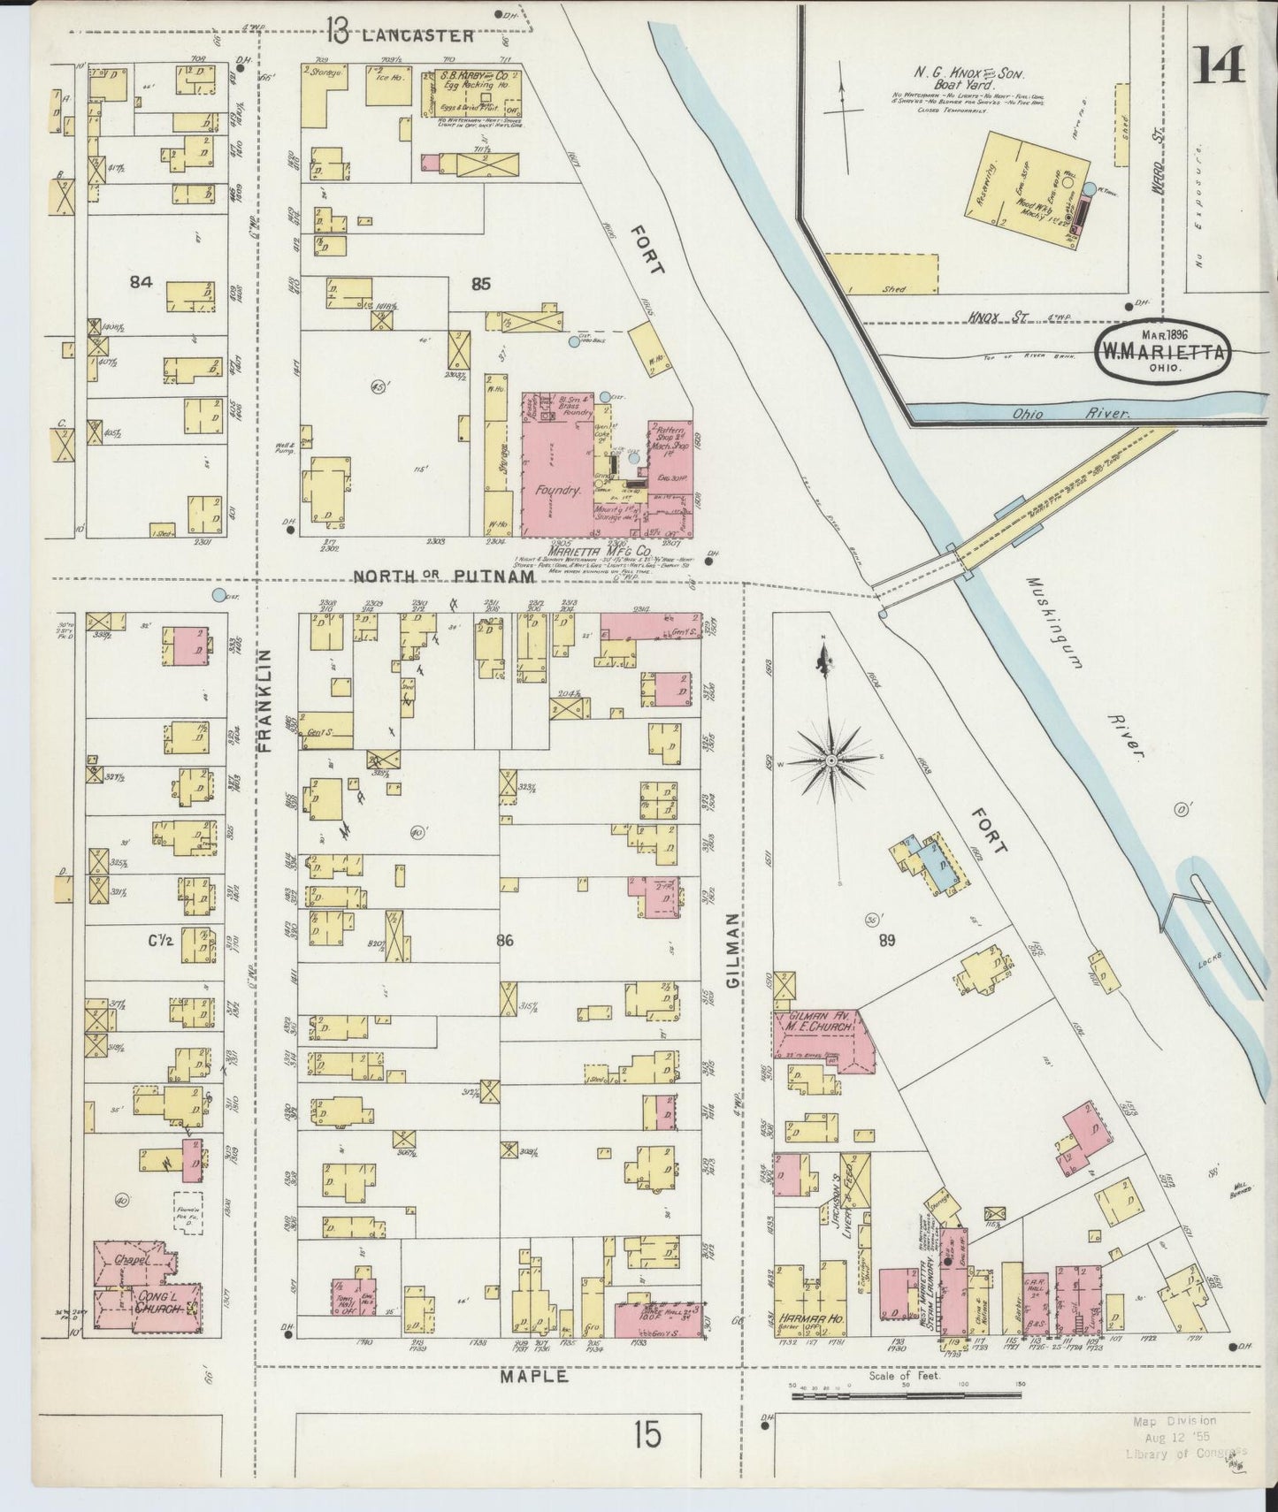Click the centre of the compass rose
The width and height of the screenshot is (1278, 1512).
[x=831, y=760]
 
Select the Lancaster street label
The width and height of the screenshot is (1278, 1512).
[x=417, y=36]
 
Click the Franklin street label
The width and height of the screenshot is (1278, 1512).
[x=263, y=700]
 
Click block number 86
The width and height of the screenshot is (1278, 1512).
[x=504, y=941]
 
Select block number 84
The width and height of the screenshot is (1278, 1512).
[x=140, y=282]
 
